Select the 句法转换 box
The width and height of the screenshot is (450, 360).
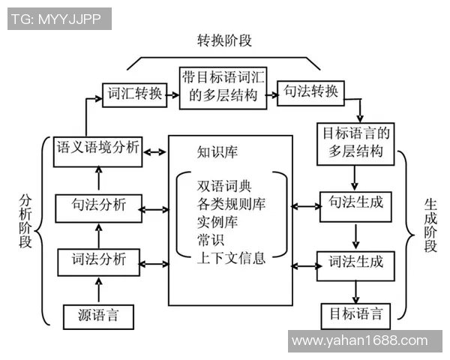311,93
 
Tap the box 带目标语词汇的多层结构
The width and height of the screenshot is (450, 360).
223,87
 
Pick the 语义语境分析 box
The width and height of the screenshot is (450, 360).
98,148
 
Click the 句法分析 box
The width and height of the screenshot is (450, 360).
98,207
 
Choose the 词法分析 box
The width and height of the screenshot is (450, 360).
98,262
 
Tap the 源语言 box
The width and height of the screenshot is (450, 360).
98,314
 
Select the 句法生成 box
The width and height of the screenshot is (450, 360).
356,205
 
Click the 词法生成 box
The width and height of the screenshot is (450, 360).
356,262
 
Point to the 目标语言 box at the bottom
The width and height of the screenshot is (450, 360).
356,314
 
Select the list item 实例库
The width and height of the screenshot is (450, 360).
214,223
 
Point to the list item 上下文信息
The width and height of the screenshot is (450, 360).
231,260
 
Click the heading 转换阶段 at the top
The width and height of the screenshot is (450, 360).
224,39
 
